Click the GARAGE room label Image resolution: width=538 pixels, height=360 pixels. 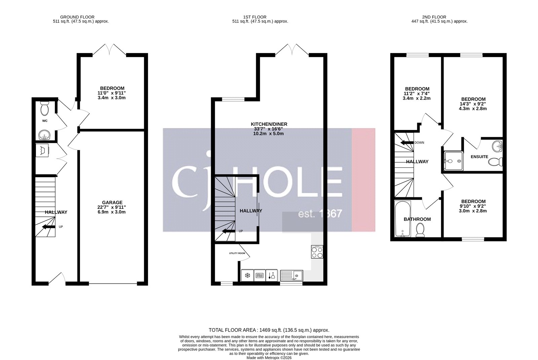[112, 202]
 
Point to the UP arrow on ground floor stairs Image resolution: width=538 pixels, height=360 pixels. [48, 227]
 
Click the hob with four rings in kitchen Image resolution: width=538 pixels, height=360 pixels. [317, 252]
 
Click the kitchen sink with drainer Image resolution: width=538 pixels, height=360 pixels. [292, 276]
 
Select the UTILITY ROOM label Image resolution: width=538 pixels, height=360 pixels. [237, 253]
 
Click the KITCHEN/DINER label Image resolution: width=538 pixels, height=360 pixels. [268, 124]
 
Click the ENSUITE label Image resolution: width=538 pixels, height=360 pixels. [479, 157]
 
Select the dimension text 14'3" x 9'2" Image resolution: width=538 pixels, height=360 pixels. [473, 104]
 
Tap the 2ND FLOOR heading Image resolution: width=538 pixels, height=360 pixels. [434, 17]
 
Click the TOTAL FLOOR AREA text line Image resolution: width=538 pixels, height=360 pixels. [269, 330]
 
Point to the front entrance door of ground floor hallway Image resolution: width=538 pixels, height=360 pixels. [57, 279]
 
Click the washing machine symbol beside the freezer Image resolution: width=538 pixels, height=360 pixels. [260, 276]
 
